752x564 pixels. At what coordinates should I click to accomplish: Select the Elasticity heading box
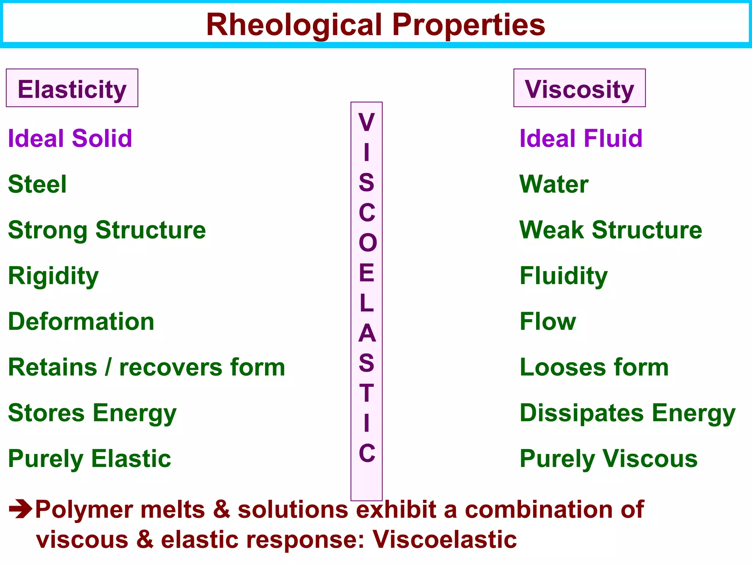coord(72,88)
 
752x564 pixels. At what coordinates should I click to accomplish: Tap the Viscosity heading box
coord(579,88)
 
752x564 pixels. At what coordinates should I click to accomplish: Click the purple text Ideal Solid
coord(70,138)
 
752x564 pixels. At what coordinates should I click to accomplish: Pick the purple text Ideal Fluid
coord(581,138)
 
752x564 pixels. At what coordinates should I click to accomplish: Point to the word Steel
coord(37,184)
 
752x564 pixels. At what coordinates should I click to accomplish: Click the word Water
coord(554,184)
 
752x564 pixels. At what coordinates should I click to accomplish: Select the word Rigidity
coord(53,276)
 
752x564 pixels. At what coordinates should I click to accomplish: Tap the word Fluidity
coord(564,276)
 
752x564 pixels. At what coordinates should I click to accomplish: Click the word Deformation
coord(81,322)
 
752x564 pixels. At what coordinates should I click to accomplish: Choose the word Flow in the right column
coord(548,322)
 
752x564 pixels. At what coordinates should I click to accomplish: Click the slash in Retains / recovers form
coord(108,367)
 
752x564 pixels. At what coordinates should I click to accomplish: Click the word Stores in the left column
coord(46,413)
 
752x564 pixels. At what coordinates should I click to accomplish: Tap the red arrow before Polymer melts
coord(21,509)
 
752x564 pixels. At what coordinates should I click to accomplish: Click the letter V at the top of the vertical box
coord(366,122)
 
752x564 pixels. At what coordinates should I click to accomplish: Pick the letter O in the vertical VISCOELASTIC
coord(368,243)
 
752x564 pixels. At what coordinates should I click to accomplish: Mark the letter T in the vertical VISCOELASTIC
coord(366,393)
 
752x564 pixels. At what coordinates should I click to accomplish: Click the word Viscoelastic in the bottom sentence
coord(445,539)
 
